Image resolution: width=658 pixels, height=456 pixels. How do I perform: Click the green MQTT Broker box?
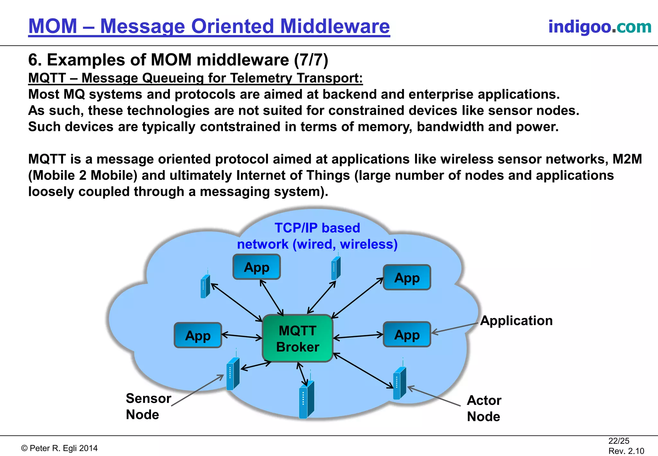298,338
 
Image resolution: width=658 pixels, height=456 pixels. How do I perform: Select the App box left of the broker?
198,335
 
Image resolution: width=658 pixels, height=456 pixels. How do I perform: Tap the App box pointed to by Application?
407,334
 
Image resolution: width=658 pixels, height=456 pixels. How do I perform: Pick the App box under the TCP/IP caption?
256,267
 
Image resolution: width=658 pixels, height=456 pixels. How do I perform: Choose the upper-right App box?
407,277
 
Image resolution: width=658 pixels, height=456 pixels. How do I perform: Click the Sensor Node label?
148,406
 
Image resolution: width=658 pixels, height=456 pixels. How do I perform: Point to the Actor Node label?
484,408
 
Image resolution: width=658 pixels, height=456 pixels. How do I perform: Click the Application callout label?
516,321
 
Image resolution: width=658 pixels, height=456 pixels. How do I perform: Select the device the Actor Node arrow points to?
400,383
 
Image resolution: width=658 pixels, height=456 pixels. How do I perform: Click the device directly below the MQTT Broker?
306,399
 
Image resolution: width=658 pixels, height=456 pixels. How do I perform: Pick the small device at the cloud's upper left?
205,286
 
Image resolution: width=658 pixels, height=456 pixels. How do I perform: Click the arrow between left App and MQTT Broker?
242,336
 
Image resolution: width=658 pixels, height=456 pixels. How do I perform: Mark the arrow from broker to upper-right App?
357,298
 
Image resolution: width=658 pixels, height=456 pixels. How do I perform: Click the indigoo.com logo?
600,26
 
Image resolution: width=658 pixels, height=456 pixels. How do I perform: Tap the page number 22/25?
618,441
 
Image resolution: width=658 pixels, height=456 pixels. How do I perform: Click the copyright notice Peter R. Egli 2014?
59,448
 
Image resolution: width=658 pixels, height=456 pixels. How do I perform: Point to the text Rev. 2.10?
626,451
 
